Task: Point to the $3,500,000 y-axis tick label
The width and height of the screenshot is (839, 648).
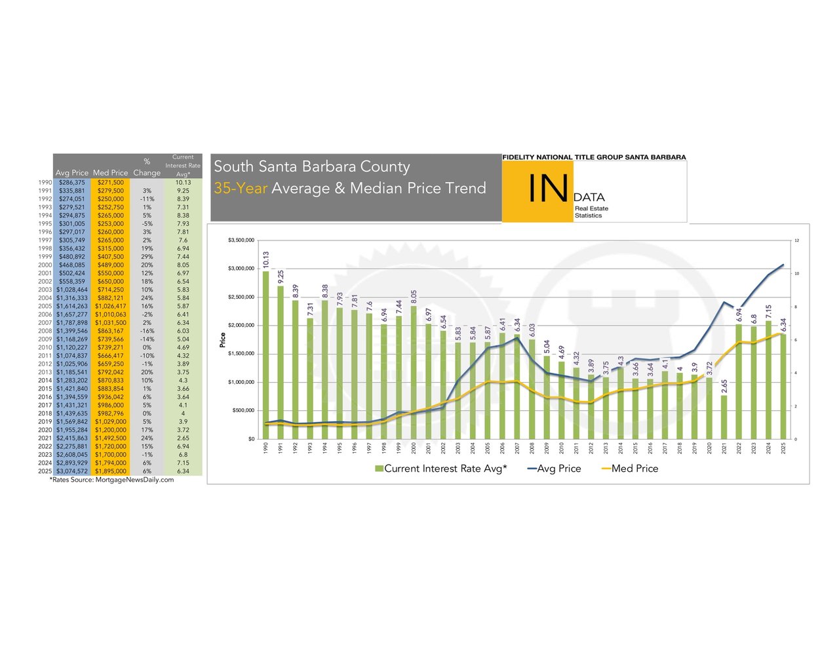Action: click(241, 240)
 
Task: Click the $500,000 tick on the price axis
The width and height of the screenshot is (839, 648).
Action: click(244, 411)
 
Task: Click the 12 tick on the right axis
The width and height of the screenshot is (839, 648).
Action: click(797, 240)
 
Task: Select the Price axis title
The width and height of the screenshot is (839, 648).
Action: click(223, 339)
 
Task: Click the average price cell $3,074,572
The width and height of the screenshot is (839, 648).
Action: click(71, 471)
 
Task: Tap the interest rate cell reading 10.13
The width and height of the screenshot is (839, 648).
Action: click(183, 182)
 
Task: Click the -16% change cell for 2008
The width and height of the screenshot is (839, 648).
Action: click(147, 331)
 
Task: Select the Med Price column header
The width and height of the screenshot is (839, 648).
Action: click(110, 173)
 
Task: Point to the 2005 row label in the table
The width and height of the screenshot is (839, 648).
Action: click(45, 306)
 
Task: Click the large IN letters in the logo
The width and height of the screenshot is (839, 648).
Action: click(548, 189)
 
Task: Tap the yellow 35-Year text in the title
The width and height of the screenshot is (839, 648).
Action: click(241, 189)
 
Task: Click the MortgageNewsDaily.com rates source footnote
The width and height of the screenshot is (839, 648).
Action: click(112, 480)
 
